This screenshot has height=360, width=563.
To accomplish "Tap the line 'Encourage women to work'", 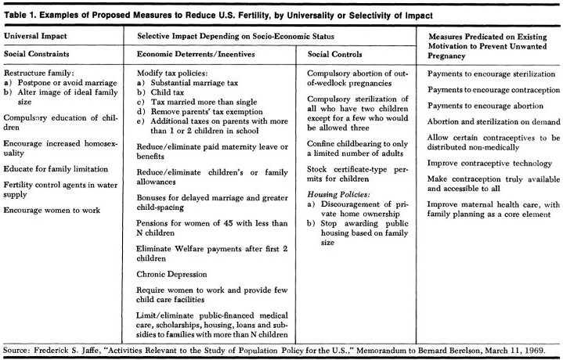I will (x=51, y=211).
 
